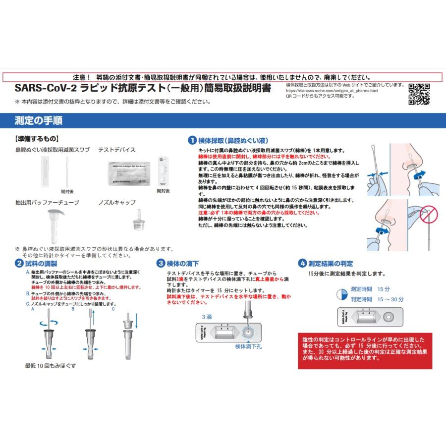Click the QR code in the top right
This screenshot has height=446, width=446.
[x=419, y=94]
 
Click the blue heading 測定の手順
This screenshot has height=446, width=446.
[x=39, y=120]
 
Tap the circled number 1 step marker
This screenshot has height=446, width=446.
[x=191, y=140]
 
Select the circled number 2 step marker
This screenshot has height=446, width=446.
[x=18, y=264]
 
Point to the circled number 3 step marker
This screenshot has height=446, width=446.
[x=161, y=264]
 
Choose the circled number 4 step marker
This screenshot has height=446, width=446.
[x=302, y=264]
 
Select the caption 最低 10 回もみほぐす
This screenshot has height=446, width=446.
[x=51, y=365]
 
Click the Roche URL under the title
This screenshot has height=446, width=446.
[x=332, y=91]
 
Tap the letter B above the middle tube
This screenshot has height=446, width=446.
[x=73, y=309]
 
